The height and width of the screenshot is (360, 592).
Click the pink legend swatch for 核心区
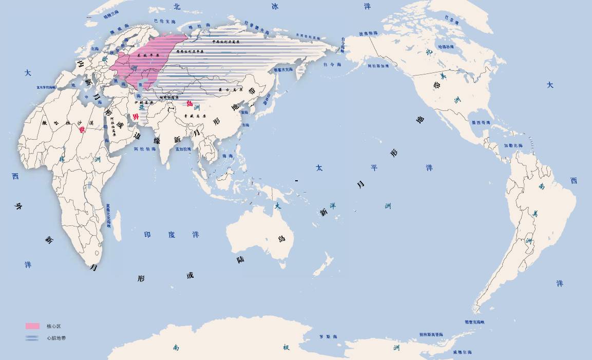32,326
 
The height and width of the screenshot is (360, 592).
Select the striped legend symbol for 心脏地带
32,338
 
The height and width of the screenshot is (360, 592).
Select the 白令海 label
332,65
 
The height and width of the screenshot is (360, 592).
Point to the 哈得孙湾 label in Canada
446,47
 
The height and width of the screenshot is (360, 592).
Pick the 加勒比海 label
512,145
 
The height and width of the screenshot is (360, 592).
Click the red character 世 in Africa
82,130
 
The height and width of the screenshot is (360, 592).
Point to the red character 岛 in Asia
190,103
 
